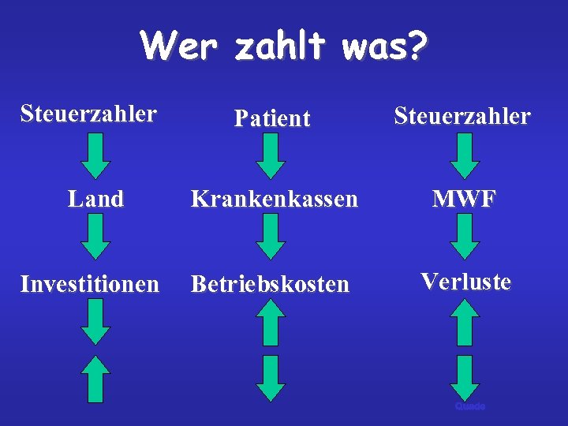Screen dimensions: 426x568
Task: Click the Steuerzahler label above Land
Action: click(88, 114)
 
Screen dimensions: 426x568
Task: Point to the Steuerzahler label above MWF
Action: click(462, 117)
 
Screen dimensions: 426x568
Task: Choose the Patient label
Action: click(272, 119)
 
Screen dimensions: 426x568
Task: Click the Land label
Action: click(96, 199)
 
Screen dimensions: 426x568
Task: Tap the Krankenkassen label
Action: click(275, 199)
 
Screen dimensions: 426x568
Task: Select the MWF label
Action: click(464, 199)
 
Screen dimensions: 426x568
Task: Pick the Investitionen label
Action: click(90, 283)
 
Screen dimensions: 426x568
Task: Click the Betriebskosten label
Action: click(270, 284)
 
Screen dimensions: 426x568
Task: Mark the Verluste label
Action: click(465, 281)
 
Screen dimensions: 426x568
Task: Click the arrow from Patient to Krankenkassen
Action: click(271, 155)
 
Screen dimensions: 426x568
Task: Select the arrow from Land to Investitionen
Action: click(96, 237)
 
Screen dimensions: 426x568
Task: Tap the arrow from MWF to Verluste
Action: click(465, 237)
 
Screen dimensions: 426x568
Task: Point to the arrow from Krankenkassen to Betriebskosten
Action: click(271, 237)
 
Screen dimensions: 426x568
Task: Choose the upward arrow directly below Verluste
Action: click(465, 322)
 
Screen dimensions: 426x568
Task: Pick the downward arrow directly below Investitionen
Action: click(96, 322)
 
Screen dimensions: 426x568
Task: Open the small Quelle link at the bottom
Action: click(469, 406)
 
